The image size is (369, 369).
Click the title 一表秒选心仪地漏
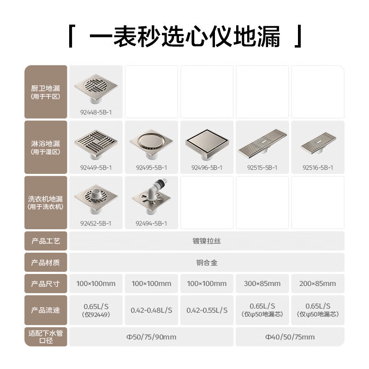[x=184, y=37]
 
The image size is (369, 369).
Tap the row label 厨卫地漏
[x=46, y=88]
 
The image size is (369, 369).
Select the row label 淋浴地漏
[x=46, y=144]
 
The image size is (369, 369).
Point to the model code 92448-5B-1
[x=95, y=112]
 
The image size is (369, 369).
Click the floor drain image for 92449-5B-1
[x=96, y=141]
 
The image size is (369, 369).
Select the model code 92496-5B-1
[x=207, y=168]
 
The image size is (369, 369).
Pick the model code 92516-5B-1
[x=318, y=168]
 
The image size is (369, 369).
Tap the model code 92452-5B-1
[x=95, y=223]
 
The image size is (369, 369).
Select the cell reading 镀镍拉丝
[x=206, y=241]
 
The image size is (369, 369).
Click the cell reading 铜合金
[x=206, y=263]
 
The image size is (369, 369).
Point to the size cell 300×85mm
[x=262, y=284]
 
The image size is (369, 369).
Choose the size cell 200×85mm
[x=318, y=284]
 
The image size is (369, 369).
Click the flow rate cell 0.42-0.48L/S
[x=151, y=310]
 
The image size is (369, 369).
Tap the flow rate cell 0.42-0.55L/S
[x=207, y=310]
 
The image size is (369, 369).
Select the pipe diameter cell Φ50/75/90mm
[x=151, y=337]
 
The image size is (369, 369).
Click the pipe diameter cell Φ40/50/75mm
[x=290, y=337]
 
